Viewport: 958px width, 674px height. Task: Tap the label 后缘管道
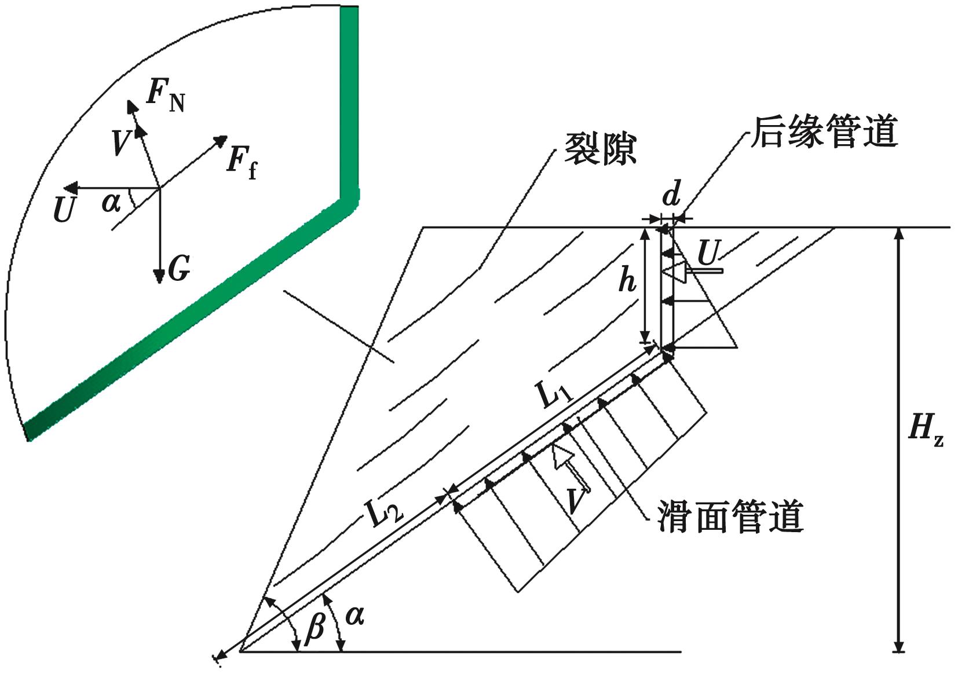tap(824, 132)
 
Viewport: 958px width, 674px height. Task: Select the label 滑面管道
tap(730, 517)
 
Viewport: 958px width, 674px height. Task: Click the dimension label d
tap(671, 196)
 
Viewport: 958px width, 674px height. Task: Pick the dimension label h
tap(627, 280)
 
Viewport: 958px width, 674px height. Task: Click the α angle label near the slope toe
tap(354, 616)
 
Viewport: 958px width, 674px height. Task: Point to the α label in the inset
tap(111, 203)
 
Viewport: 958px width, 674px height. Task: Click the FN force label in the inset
tap(165, 97)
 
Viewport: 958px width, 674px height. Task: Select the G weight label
tap(178, 269)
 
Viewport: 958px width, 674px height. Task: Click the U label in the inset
tap(64, 210)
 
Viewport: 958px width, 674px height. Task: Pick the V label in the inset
tap(120, 143)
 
